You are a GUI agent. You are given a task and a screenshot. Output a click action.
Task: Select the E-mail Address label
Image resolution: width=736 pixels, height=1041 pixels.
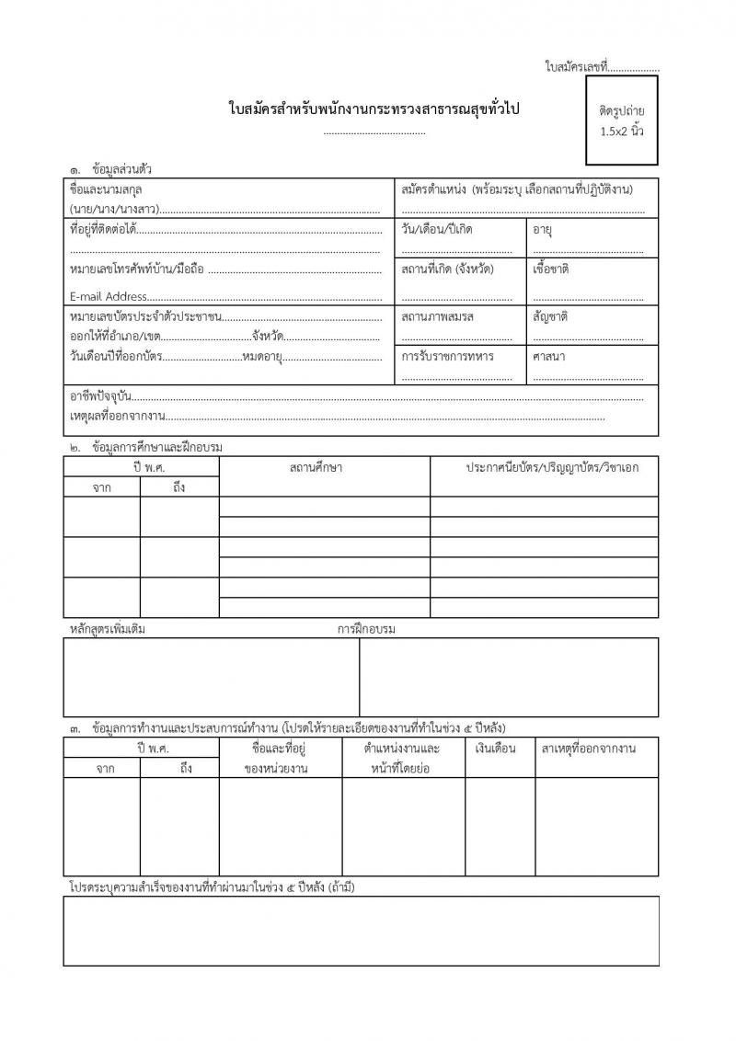[x=109, y=296]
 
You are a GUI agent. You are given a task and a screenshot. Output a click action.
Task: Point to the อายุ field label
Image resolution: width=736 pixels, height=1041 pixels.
[x=542, y=228]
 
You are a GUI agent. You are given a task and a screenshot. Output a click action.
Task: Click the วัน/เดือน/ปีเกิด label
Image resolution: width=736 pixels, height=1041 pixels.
[x=437, y=228]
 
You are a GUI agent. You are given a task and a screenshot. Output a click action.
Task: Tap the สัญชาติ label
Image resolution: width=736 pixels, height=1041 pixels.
[x=550, y=315]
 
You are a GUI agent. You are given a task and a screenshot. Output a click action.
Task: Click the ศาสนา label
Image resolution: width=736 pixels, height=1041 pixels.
[x=549, y=355]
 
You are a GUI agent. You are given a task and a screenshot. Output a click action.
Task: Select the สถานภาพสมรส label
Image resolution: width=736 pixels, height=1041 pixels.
[x=438, y=315]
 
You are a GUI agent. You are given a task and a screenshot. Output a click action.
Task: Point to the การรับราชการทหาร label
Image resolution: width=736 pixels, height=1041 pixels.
[x=448, y=355]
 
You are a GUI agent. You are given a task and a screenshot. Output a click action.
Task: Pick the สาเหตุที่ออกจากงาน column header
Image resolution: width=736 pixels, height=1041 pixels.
[x=589, y=747]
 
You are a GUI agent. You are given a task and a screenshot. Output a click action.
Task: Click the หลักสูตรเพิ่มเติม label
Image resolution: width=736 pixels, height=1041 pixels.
[x=108, y=629]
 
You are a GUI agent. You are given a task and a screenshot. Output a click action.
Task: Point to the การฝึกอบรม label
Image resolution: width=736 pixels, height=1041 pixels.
[x=366, y=629]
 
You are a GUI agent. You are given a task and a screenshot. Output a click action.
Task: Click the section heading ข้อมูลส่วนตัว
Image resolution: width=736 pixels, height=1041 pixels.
[x=122, y=169]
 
